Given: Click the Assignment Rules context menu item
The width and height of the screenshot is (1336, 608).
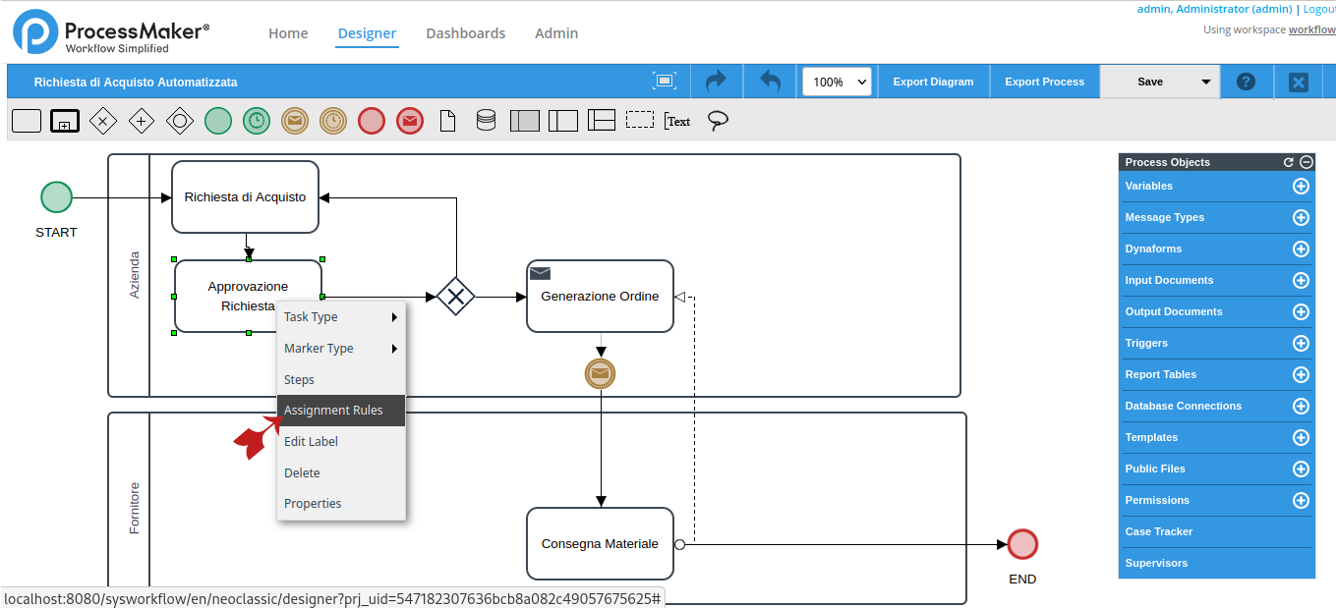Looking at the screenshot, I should pyautogui.click(x=333, y=411).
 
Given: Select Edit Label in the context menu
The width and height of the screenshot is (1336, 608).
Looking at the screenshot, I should pyautogui.click(x=311, y=442).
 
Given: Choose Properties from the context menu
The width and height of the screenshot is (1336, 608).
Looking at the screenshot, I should pyautogui.click(x=313, y=504).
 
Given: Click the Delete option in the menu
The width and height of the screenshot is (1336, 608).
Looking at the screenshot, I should pyautogui.click(x=302, y=473).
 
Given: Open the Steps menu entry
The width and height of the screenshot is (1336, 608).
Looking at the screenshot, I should pyautogui.click(x=299, y=380).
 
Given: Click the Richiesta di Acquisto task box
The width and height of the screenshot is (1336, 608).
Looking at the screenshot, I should pyautogui.click(x=245, y=197).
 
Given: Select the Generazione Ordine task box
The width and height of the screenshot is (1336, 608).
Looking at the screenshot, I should pyautogui.click(x=600, y=297).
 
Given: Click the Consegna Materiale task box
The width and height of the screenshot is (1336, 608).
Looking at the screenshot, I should pyautogui.click(x=600, y=544).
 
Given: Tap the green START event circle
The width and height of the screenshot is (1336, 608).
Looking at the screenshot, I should pyautogui.click(x=56, y=197).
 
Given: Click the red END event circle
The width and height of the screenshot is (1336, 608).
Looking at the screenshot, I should pyautogui.click(x=1022, y=544).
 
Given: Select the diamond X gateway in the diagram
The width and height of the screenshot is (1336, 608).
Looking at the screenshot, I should pyautogui.click(x=456, y=297).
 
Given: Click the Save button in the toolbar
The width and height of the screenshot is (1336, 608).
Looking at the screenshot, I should pyautogui.click(x=1149, y=83).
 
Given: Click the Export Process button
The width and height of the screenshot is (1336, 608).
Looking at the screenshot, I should pyautogui.click(x=1044, y=83).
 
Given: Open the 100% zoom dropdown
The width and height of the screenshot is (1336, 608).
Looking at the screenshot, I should pyautogui.click(x=837, y=83).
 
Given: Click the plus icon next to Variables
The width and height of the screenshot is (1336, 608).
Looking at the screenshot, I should pyautogui.click(x=1301, y=186).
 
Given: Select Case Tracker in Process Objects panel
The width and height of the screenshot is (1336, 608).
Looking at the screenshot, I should pyautogui.click(x=1159, y=531).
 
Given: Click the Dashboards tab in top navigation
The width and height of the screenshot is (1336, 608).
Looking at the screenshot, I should pyautogui.click(x=465, y=33).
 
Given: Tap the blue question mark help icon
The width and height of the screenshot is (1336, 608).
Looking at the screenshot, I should pyautogui.click(x=1246, y=83).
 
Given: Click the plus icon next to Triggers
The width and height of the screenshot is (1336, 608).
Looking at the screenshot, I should pyautogui.click(x=1301, y=343).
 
